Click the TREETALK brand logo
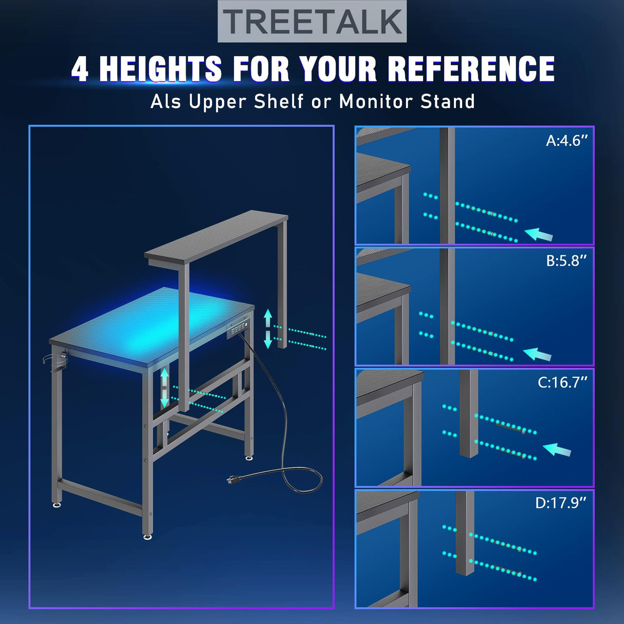coord(312,22)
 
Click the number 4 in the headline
coord(80,69)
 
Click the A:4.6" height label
coord(566,141)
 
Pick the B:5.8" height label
coord(566,261)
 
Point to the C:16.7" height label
coord(562,382)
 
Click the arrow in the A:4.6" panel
coord(538,234)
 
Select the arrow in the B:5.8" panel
coord(537,354)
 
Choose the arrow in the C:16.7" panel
coord(557,450)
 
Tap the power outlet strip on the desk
coord(238,329)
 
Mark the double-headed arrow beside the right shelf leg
coord(268,328)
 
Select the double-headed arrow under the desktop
coord(165,387)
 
